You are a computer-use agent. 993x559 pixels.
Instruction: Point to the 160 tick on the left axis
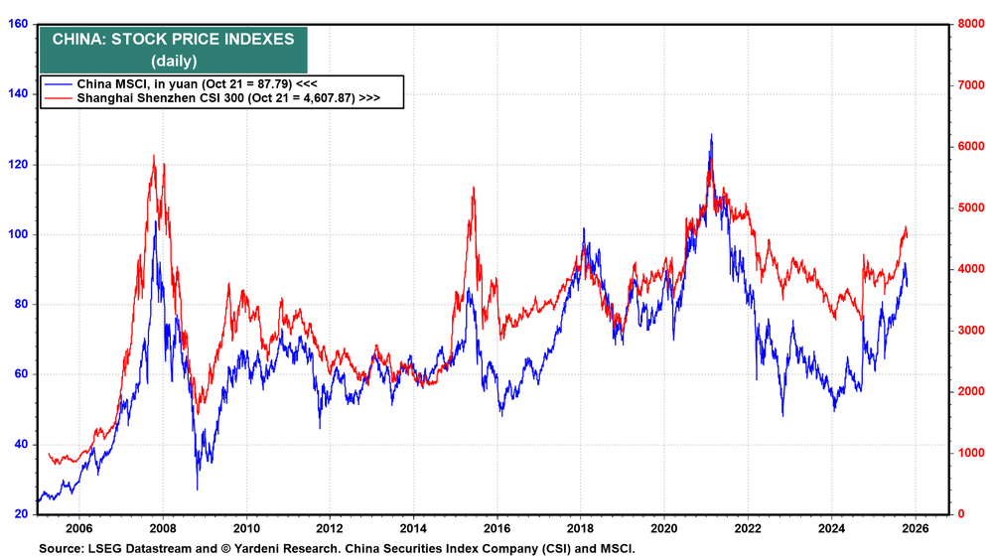pyautogui.click(x=19, y=24)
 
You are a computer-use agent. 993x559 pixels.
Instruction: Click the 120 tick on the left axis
pyautogui.click(x=19, y=164)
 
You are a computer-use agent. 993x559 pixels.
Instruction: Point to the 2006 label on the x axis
pyautogui.click(x=78, y=529)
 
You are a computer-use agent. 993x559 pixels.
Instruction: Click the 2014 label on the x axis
pyautogui.click(x=413, y=529)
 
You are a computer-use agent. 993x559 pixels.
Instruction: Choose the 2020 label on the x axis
pyautogui.click(x=664, y=529)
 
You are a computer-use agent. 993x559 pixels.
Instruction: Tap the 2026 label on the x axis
pyautogui.click(x=916, y=529)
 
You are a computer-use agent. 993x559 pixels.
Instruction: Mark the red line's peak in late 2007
pyautogui.click(x=154, y=156)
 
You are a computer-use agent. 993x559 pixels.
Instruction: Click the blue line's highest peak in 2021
pyautogui.click(x=711, y=135)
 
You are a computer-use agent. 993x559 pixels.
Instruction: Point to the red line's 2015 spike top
pyautogui.click(x=473, y=187)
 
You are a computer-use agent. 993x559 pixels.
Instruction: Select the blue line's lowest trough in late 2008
pyautogui.click(x=197, y=489)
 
